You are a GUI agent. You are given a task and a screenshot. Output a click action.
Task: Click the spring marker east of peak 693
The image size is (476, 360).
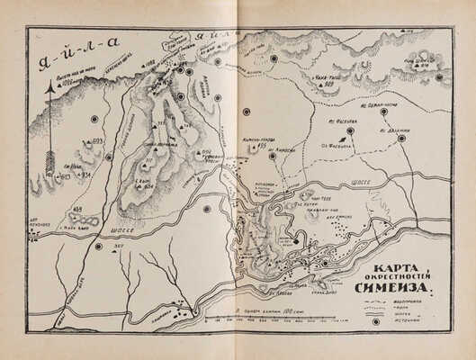pos(109,157)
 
